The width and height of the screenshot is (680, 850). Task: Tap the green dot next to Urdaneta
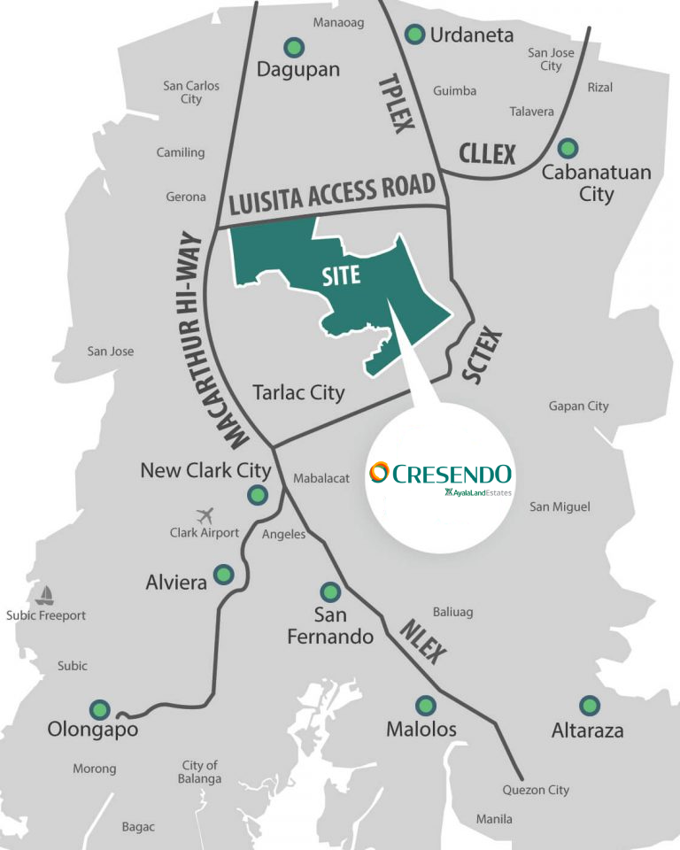coord(413,35)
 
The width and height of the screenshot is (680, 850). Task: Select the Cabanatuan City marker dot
coord(568,147)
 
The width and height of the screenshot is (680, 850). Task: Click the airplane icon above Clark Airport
coord(205,514)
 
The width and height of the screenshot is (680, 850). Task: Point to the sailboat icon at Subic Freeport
coord(45,595)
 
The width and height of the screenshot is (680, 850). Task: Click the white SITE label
coord(342,275)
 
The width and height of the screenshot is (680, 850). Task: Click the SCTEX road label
coord(483,356)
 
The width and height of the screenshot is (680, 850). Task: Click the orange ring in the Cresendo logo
coord(379,472)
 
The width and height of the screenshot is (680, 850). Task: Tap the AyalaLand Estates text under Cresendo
coord(479,492)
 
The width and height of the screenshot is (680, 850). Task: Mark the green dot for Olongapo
coord(99,708)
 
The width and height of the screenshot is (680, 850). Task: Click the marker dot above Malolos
coord(426,706)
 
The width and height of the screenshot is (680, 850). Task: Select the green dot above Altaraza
coord(589,706)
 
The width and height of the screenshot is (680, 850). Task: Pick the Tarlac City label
coord(298,392)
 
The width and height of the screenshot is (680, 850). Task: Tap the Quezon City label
coord(536,790)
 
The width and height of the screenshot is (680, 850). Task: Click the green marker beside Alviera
coord(224,575)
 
